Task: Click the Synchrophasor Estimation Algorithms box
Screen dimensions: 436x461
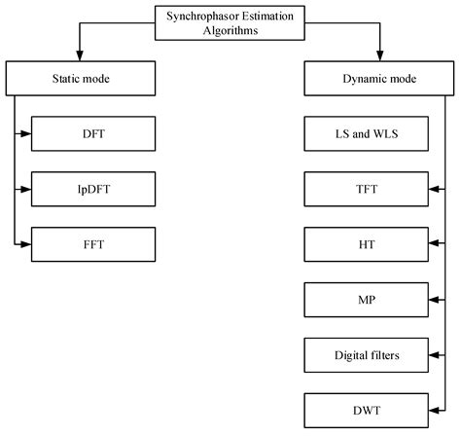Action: (230, 21)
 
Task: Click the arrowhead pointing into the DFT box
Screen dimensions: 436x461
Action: (26, 132)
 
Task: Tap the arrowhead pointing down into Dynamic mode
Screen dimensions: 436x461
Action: (379, 56)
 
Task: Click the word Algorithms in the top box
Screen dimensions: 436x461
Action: (230, 29)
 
